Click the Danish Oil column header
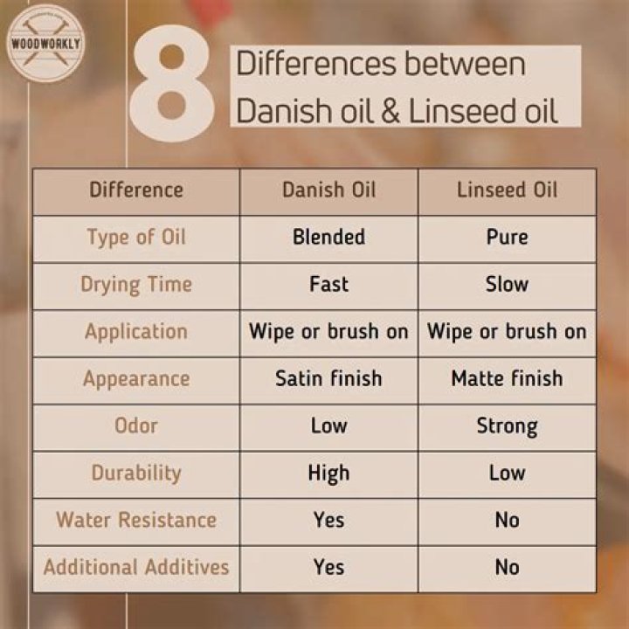tap(328, 190)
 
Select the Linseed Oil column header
tap(507, 190)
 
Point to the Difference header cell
tap(136, 190)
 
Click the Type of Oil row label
tap(136, 238)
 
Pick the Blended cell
tap(328, 238)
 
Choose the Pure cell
tap(507, 238)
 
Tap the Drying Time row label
tap(136, 285)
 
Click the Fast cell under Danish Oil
tap(328, 285)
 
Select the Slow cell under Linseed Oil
tap(507, 285)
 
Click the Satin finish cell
tap(328, 379)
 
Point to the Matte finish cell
tap(507, 379)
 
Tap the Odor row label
tap(136, 426)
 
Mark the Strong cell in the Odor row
tap(507, 426)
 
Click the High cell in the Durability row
tap(328, 473)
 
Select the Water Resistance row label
tap(136, 520)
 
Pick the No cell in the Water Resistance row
tap(507, 520)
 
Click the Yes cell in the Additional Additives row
tap(328, 567)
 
